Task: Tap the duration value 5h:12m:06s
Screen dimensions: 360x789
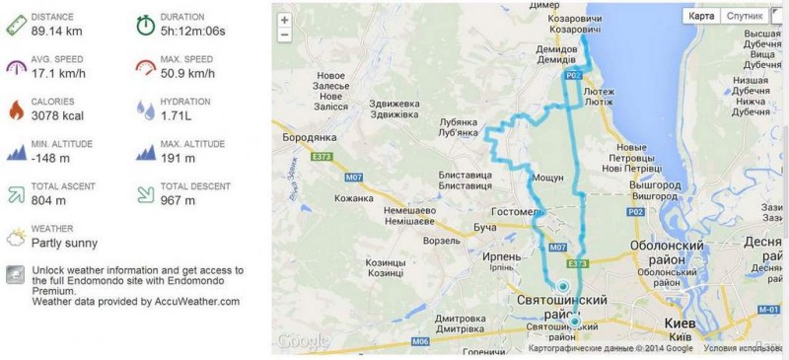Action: tap(195, 32)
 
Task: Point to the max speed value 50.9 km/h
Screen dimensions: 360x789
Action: tap(187, 74)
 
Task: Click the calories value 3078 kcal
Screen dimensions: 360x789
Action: tap(58, 116)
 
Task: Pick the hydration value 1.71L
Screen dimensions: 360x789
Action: tap(177, 116)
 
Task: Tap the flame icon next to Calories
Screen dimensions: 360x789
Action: tap(15, 108)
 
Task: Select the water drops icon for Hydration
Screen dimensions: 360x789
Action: tap(145, 108)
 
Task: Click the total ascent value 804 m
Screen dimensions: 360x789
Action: tap(48, 201)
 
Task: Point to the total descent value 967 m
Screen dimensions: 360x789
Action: tap(178, 201)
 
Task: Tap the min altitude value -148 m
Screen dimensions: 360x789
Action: tap(50, 159)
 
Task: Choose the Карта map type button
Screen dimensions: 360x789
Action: tap(701, 16)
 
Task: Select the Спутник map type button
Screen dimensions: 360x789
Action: tap(744, 16)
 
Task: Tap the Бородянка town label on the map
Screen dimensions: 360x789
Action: tap(312, 139)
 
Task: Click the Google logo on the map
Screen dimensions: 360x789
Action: tap(303, 341)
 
